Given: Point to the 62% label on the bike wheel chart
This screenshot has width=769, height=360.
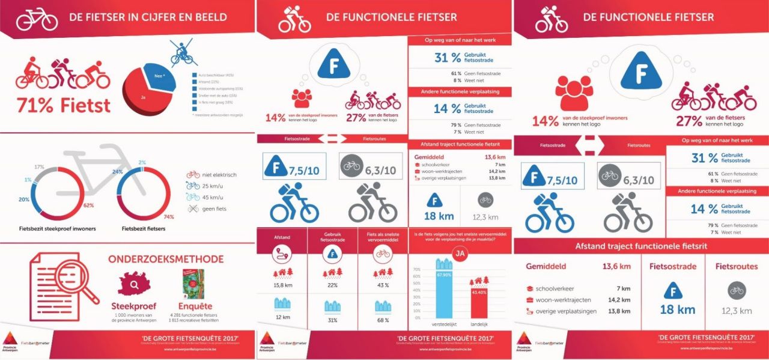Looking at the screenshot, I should pyautogui.click(x=89, y=206).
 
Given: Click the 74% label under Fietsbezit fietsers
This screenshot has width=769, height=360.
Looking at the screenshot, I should pyautogui.click(x=169, y=216).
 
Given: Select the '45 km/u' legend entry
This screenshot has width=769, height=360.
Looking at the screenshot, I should pyautogui.click(x=205, y=197).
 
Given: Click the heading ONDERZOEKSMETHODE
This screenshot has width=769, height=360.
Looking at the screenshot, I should pyautogui.click(x=166, y=259).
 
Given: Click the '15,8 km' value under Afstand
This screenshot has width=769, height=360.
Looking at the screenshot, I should pyautogui.click(x=282, y=285).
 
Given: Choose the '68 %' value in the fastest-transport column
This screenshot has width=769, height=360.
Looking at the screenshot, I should pyautogui.click(x=383, y=319).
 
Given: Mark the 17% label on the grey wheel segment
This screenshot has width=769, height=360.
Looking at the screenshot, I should pyautogui.click(x=39, y=166).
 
